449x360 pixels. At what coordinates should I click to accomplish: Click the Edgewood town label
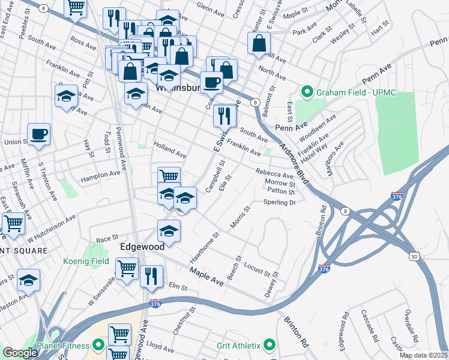pyautogui.click(x=142, y=247)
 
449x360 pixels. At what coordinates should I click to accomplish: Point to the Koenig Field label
pyautogui.click(x=86, y=261)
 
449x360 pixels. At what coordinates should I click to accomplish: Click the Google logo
pyautogui.click(x=19, y=353)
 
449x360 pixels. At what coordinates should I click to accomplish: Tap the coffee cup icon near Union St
pyautogui.click(x=38, y=134)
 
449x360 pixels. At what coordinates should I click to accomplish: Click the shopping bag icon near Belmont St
pyautogui.click(x=259, y=43)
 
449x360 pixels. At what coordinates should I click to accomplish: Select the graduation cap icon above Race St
pyautogui.click(x=169, y=230)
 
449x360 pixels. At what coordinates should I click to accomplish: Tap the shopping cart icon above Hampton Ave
pyautogui.click(x=169, y=176)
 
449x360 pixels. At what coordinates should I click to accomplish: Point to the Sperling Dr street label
pyautogui.click(x=280, y=203)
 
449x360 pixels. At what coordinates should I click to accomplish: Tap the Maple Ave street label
pyautogui.click(x=207, y=276)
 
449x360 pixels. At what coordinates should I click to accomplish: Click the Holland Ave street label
pyautogui.click(x=170, y=150)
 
